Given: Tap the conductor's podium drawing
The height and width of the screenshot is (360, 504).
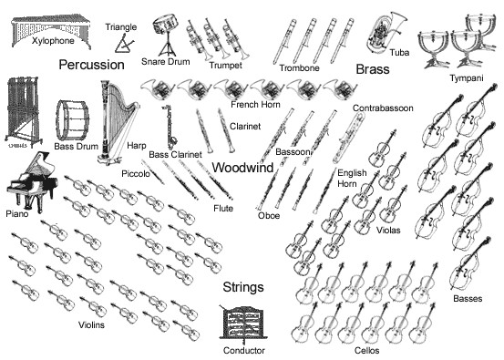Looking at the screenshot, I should [x=243, y=324].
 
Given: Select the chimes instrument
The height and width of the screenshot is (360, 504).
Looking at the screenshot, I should [x=25, y=109].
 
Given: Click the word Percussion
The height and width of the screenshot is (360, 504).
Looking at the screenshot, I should [x=91, y=66].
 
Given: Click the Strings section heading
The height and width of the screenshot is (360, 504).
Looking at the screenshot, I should [x=243, y=288].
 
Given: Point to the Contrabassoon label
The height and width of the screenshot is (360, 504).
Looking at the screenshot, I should [x=383, y=108].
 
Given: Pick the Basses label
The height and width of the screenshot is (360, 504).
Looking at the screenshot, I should [x=467, y=298].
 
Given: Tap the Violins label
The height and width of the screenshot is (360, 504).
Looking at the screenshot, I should [x=91, y=324].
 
